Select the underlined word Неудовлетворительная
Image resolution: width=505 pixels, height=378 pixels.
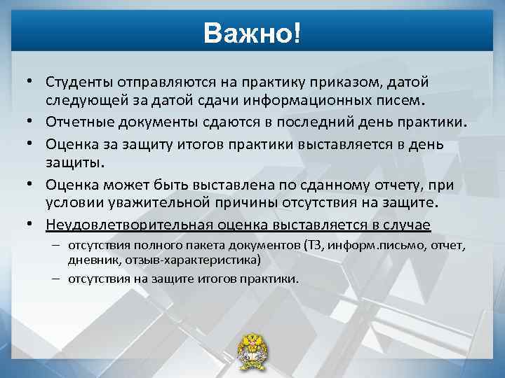click(x=120, y=224)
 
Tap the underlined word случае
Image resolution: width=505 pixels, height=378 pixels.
click(x=408, y=224)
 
